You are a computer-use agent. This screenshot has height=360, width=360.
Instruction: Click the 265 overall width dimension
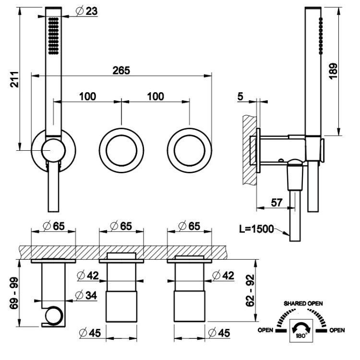coord(121,70)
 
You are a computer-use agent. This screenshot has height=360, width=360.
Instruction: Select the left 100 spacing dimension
coord(87,96)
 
